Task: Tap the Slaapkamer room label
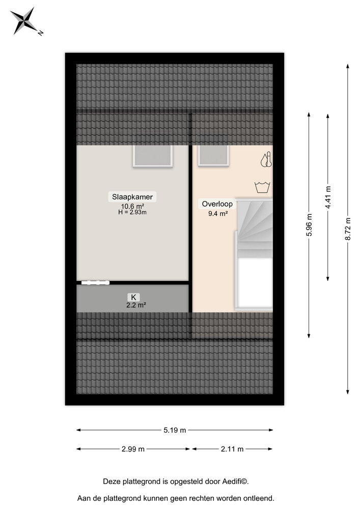(x=132, y=196)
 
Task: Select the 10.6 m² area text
(x=132, y=206)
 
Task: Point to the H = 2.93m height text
(x=132, y=212)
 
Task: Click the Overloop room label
(x=217, y=204)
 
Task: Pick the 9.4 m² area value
(x=217, y=214)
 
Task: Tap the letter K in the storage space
(x=133, y=297)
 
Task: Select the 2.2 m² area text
(x=136, y=305)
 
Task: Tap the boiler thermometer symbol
(x=265, y=160)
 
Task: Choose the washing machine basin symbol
(x=263, y=187)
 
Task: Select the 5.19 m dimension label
(x=175, y=430)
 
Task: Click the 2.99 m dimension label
(x=133, y=449)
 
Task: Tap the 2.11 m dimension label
(x=232, y=449)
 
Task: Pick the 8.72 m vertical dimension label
(x=348, y=230)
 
